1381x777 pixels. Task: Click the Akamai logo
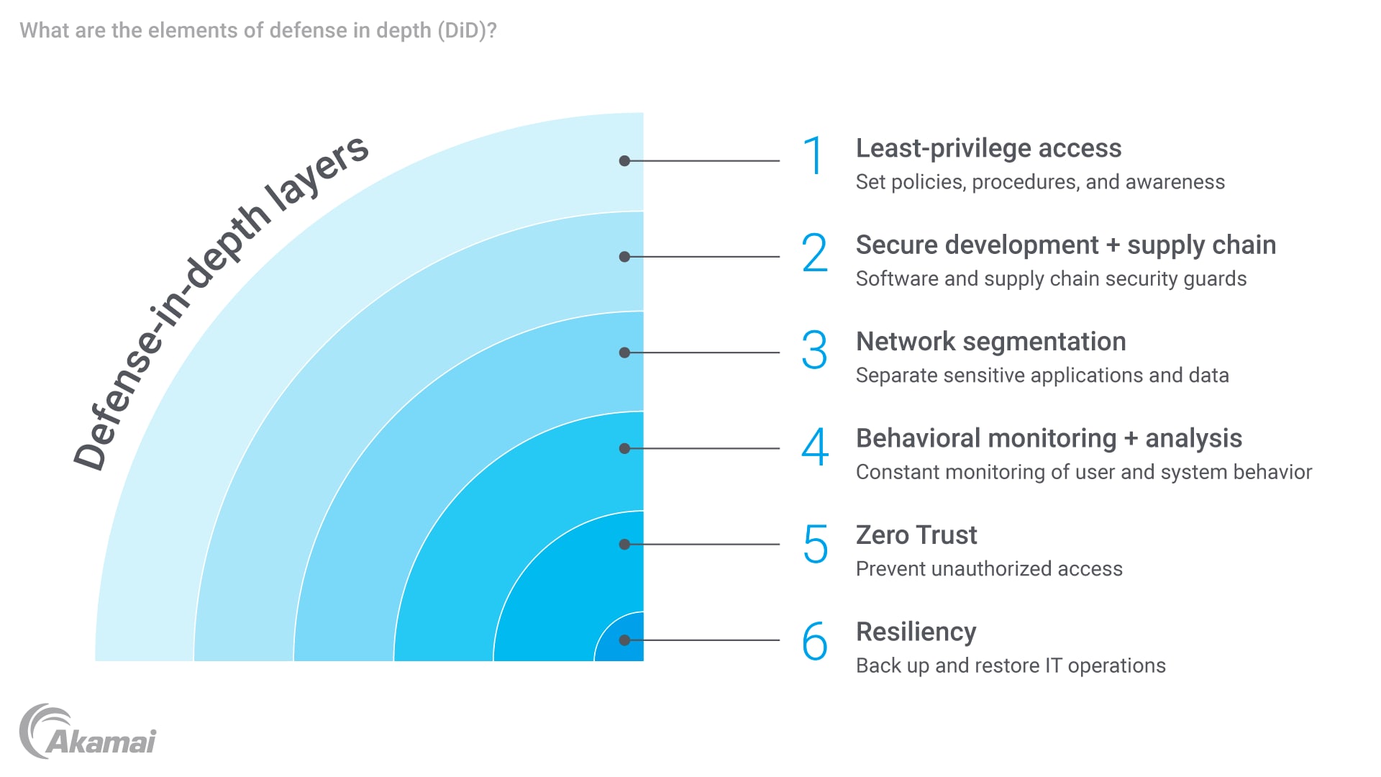[x=87, y=732]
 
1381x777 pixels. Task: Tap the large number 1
[x=813, y=156]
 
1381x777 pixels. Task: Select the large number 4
[x=815, y=447]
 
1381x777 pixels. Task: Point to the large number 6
[x=815, y=641]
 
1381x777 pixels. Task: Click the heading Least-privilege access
[x=988, y=148]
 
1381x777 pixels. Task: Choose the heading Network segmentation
[x=990, y=342]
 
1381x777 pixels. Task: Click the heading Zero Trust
[x=916, y=535]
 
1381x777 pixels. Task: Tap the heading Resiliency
[x=916, y=632]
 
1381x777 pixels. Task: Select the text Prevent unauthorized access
[x=989, y=569]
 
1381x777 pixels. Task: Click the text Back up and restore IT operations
[x=1011, y=665]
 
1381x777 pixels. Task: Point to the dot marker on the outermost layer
[x=624, y=161]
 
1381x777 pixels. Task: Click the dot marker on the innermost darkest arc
[x=624, y=640]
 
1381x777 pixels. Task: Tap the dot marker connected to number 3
[x=624, y=353]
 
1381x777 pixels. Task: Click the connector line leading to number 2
[x=705, y=257]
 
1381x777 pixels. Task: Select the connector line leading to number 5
[x=705, y=545]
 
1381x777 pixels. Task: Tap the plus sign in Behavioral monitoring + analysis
[x=1131, y=439]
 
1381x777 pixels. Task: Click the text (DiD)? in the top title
[x=466, y=31]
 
